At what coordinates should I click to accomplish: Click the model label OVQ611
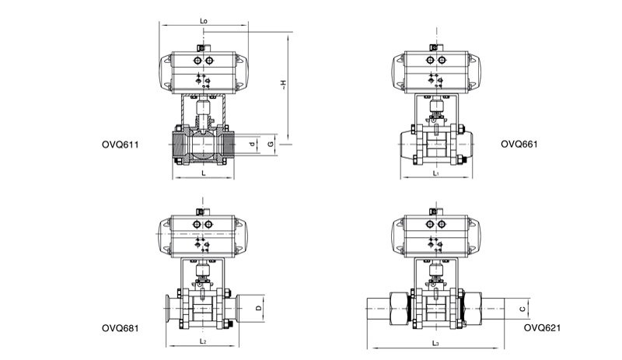pyautogui.click(x=121, y=145)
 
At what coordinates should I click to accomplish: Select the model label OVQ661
pyautogui.click(x=519, y=144)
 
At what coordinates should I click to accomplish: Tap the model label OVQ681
pyautogui.click(x=121, y=328)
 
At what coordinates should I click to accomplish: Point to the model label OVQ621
pyautogui.click(x=542, y=328)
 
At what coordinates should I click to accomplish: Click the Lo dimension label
pyautogui.click(x=204, y=21)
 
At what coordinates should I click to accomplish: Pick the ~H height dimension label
pyautogui.click(x=283, y=85)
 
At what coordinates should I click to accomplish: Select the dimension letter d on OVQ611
pyautogui.click(x=252, y=144)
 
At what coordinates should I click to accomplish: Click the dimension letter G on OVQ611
pyautogui.click(x=271, y=144)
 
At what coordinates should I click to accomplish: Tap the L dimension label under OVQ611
pyautogui.click(x=204, y=173)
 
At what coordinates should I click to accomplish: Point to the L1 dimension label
pyautogui.click(x=436, y=173)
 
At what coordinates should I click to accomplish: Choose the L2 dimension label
pyautogui.click(x=203, y=341)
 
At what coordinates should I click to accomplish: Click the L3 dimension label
pyautogui.click(x=435, y=344)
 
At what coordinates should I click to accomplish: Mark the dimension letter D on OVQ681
pyautogui.click(x=258, y=308)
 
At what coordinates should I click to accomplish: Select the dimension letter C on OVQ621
pyautogui.click(x=522, y=309)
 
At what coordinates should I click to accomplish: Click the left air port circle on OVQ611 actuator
pyautogui.click(x=197, y=61)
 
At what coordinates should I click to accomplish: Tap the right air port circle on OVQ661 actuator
pyautogui.click(x=442, y=61)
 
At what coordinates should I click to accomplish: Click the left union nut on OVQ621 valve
pyautogui.click(x=400, y=309)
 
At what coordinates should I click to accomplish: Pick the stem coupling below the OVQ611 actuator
pyautogui.click(x=203, y=108)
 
